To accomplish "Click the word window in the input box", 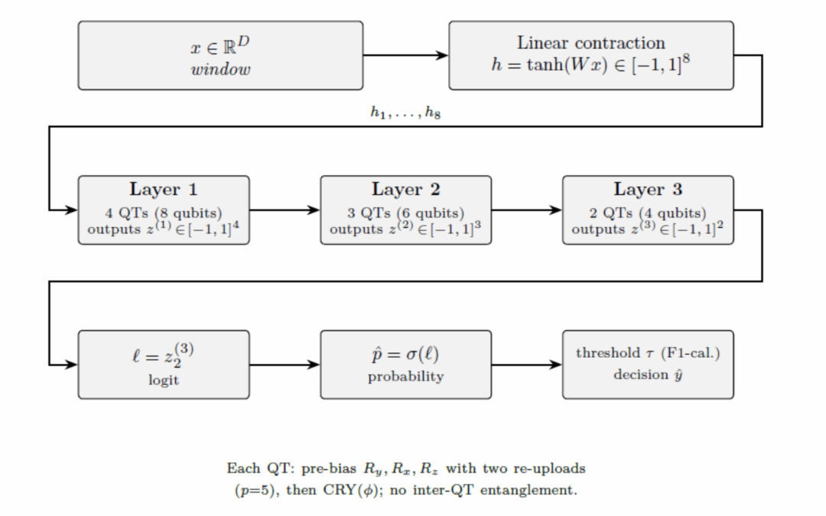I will (220, 70).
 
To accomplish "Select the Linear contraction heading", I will (590, 43).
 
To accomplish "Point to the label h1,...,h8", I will (405, 112).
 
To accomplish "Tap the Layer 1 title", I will (164, 190).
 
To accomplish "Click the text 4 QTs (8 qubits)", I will (164, 213).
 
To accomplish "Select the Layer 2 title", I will (405, 190).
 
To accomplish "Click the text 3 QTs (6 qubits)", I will (405, 213).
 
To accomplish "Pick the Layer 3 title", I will (648, 190).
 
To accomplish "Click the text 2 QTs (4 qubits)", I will (648, 213).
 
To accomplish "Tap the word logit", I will (164, 380).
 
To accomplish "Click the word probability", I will (405, 376).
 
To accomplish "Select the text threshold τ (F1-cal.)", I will (648, 353).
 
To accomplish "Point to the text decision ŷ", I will (648, 375).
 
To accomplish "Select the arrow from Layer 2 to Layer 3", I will (526, 209).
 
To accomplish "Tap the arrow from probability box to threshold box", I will (526, 365).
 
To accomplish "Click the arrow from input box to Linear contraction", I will (405, 55).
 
